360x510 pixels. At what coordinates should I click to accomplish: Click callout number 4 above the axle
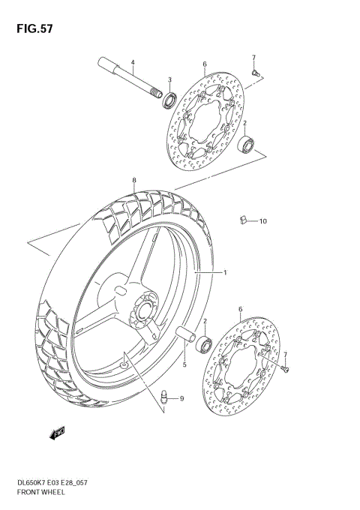pos(132,62)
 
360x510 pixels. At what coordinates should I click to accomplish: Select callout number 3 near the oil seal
pos(169,80)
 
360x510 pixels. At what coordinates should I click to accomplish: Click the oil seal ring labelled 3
pos(172,98)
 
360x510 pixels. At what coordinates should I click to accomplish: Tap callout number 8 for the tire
pos(133,181)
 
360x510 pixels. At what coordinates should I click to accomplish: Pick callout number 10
pos(263,221)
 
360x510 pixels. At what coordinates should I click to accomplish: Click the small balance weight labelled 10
pos(244,219)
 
